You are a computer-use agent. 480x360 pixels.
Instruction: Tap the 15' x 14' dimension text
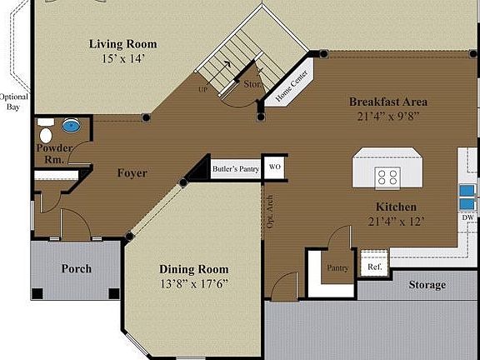click(x=122, y=59)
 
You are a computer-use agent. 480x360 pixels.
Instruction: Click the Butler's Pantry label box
click(x=236, y=168)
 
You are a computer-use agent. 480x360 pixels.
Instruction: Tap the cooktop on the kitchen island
click(x=387, y=177)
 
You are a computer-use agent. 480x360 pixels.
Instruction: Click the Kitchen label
click(x=395, y=207)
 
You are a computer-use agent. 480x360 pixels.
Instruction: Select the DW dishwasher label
click(x=467, y=217)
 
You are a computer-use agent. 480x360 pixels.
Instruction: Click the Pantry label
click(x=337, y=268)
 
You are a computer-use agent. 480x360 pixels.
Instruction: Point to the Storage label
click(x=426, y=285)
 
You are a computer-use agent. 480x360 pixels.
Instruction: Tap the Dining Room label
click(x=194, y=269)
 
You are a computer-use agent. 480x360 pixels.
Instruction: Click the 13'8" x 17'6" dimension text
click(x=194, y=283)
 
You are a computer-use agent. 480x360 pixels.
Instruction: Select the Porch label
click(x=77, y=268)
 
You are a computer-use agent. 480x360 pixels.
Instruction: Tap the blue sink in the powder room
click(x=72, y=127)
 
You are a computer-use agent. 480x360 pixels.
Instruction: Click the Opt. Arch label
click(x=270, y=212)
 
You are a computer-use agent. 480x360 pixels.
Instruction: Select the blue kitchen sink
click(x=467, y=194)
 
